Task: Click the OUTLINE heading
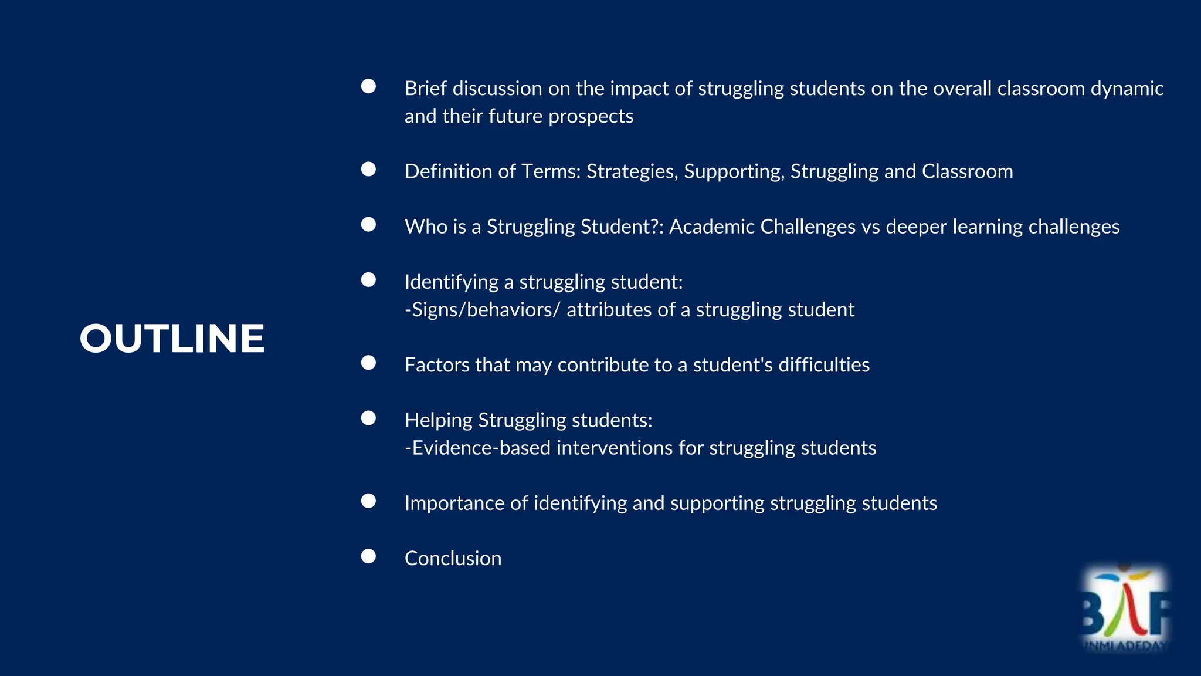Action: (172, 339)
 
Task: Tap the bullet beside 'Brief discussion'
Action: (368, 86)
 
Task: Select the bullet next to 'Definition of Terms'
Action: (368, 170)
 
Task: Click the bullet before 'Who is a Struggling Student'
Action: (368, 225)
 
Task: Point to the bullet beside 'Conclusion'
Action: (368, 556)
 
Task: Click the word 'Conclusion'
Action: (453, 558)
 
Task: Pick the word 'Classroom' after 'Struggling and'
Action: (967, 171)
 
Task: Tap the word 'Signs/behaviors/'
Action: (483, 310)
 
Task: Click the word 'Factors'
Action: (437, 365)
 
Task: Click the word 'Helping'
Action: (439, 420)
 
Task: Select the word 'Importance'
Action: (454, 503)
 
